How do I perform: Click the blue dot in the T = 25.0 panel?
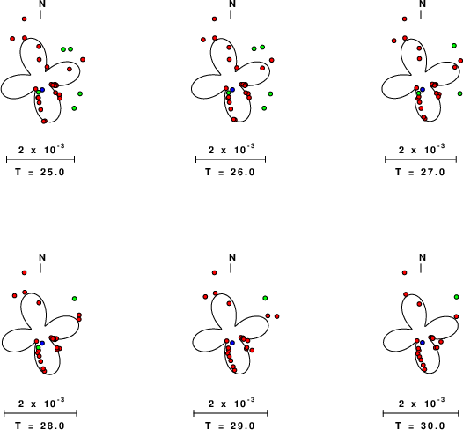pyautogui.click(x=42, y=90)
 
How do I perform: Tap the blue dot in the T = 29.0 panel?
pyautogui.click(x=232, y=343)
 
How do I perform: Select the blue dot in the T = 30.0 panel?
pyautogui.click(x=423, y=343)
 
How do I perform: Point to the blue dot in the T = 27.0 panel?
pyautogui.click(x=423, y=90)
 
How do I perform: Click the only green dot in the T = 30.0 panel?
pyautogui.click(x=457, y=297)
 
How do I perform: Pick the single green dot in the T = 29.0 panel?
pyautogui.click(x=265, y=298)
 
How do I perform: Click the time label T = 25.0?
pyautogui.click(x=40, y=172)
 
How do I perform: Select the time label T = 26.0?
pyautogui.click(x=230, y=172)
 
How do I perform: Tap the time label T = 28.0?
pyautogui.click(x=40, y=426)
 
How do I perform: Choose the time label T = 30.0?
pyautogui.click(x=420, y=426)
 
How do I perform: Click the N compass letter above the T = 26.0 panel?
pyautogui.click(x=232, y=4)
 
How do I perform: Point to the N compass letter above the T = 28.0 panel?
pyautogui.click(x=42, y=257)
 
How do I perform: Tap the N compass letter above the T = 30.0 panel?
pyautogui.click(x=423, y=257)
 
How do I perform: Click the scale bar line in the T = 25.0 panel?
pyautogui.click(x=40, y=159)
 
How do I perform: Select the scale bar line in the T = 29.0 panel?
pyautogui.click(x=231, y=413)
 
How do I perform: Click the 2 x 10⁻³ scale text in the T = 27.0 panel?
pyautogui.click(x=422, y=149)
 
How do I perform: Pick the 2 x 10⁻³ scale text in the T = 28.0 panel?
pyautogui.click(x=41, y=403)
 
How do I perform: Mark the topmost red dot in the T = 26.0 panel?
pyautogui.click(x=215, y=19)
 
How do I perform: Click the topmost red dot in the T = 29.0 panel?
pyautogui.click(x=215, y=272)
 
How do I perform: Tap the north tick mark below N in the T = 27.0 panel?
pyautogui.click(x=421, y=14)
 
